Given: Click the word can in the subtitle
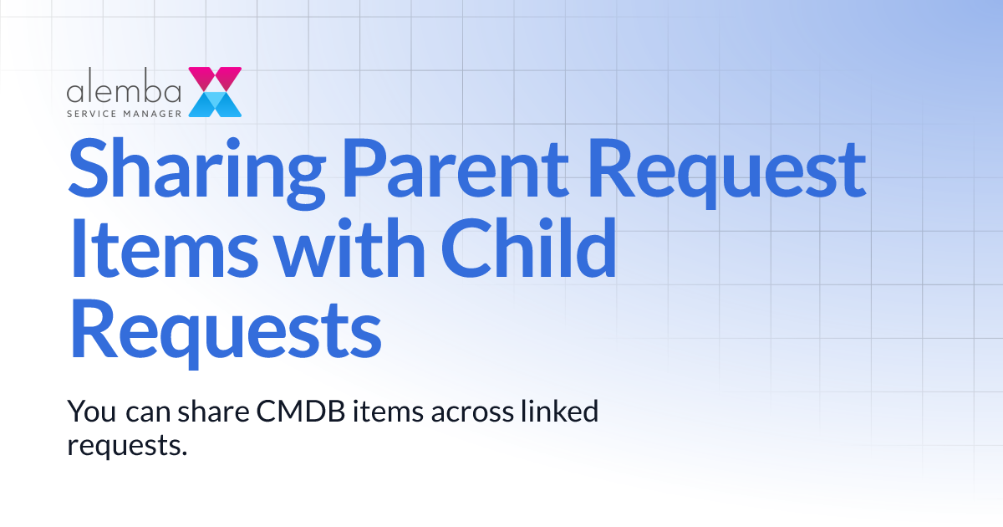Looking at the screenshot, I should point(148,412).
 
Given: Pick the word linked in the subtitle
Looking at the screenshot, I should point(559,412).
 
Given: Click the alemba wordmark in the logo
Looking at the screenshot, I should point(125,90).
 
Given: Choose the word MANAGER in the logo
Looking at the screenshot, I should point(150,111).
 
